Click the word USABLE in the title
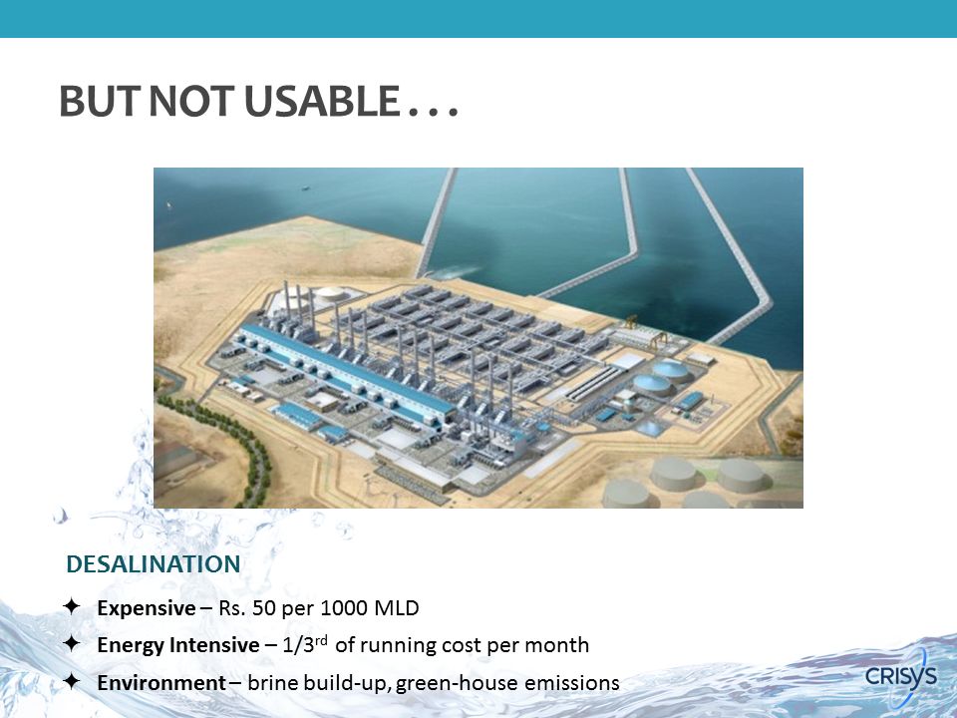tap(322, 101)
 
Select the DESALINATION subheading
tap(154, 564)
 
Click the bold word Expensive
tap(147, 608)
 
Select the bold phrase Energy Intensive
tap(178, 645)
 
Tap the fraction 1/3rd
tap(305, 644)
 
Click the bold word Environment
tap(161, 682)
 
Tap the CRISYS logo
tap(901, 676)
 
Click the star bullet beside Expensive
tap(72, 606)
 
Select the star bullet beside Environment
tap(72, 681)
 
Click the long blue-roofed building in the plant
tap(348, 371)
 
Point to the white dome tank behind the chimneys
tap(331, 293)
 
